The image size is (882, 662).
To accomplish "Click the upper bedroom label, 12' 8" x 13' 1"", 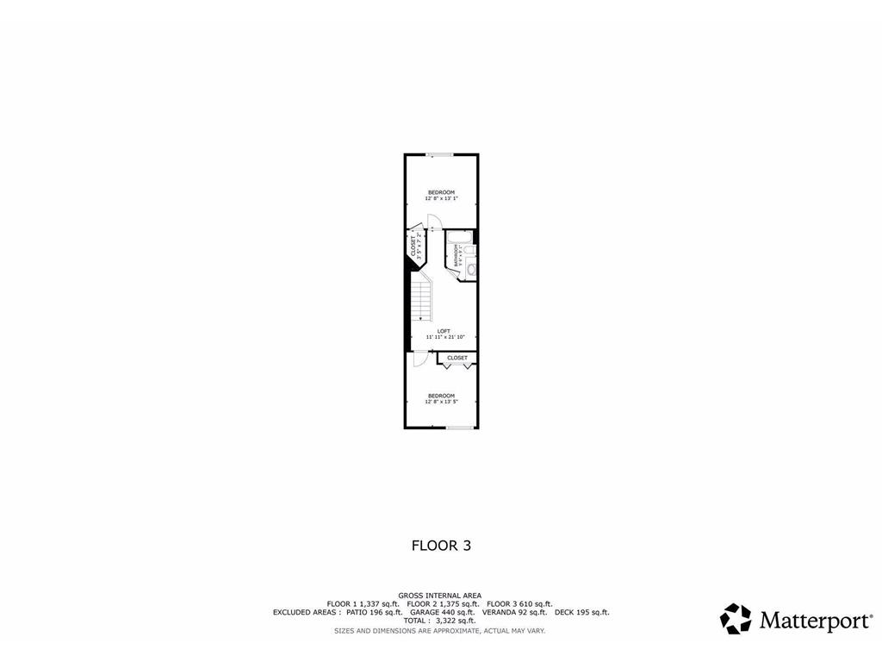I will pyautogui.click(x=441, y=195).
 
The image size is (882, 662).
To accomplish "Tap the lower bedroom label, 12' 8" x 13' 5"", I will pyautogui.click(x=441, y=398).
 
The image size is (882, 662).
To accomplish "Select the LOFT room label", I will pyautogui.click(x=444, y=334).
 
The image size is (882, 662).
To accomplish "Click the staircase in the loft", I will pyautogui.click(x=419, y=302).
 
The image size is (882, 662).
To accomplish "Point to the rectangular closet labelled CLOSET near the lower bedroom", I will pyautogui.click(x=457, y=358).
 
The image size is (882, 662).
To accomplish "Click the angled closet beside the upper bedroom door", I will pyautogui.click(x=416, y=247).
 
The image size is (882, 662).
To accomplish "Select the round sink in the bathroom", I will pyautogui.click(x=471, y=270).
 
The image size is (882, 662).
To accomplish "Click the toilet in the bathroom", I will pyautogui.click(x=470, y=252).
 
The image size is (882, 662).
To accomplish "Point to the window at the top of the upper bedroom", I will pyautogui.click(x=440, y=155).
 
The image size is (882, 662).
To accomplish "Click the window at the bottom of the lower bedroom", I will pyautogui.click(x=459, y=427).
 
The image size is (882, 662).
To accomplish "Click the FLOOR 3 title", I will pyautogui.click(x=441, y=545).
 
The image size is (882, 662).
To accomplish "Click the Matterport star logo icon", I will pyautogui.click(x=736, y=618).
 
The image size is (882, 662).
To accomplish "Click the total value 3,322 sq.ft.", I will pyautogui.click(x=455, y=621).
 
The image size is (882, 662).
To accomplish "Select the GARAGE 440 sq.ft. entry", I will pyautogui.click(x=439, y=613).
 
